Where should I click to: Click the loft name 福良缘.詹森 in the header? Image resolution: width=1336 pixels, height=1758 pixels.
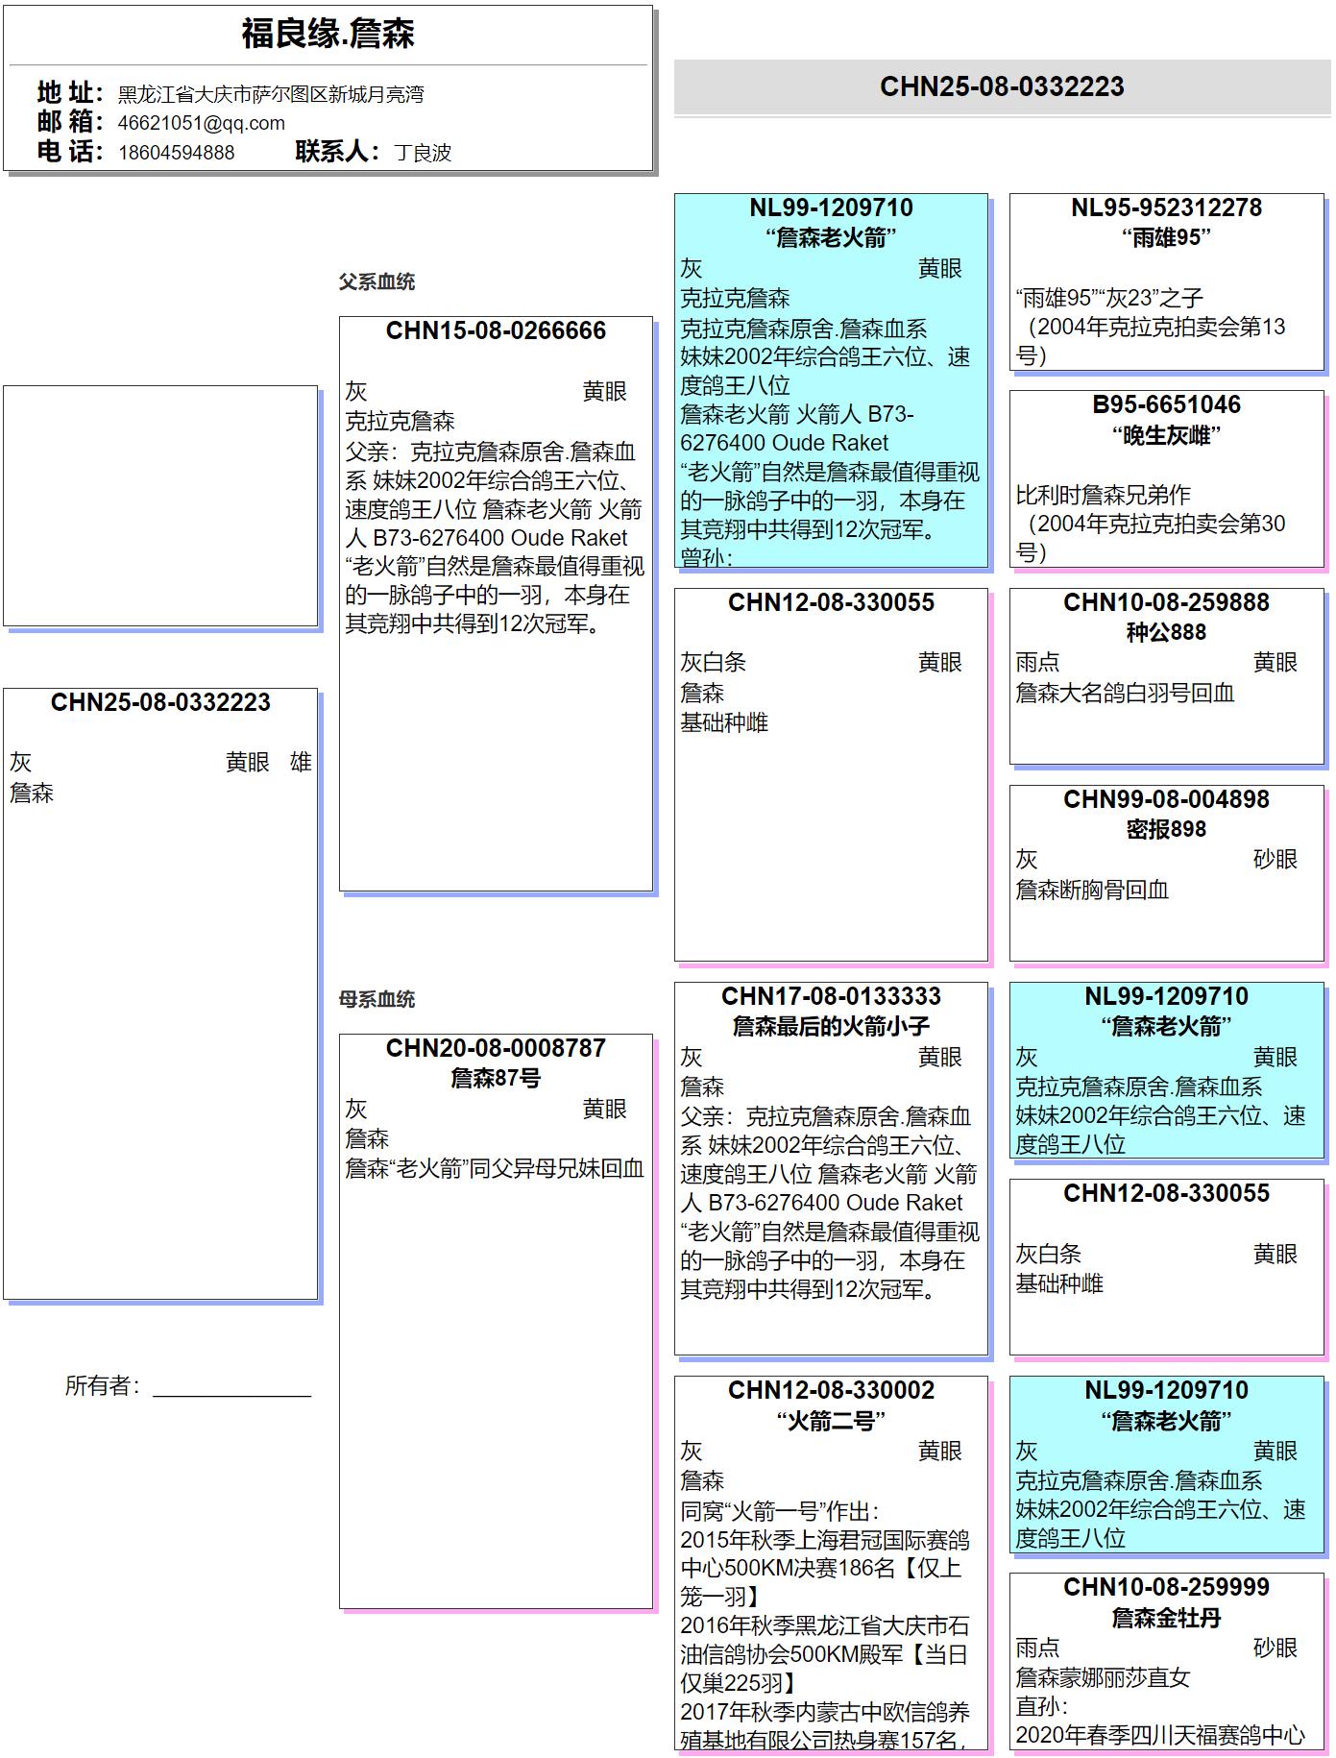pos(328,35)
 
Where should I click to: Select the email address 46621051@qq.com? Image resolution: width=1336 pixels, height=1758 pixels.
pos(201,123)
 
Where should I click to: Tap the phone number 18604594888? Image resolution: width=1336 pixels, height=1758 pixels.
pos(176,153)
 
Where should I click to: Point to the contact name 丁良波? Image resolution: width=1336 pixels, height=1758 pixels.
pos(423,153)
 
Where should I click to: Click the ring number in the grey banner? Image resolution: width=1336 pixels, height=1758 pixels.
pos(1002,86)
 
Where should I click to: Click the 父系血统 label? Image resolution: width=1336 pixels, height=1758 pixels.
pos(377,281)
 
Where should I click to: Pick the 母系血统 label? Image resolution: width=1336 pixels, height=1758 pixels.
pos(377,999)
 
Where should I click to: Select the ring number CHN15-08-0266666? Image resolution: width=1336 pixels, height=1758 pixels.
pos(496,331)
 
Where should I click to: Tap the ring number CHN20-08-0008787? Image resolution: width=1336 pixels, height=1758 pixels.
pos(496,1048)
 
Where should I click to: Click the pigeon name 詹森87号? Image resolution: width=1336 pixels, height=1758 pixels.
pos(496,1078)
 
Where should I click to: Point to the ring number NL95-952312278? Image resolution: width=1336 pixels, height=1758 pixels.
pos(1166,208)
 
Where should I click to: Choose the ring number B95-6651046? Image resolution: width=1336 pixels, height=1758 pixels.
pos(1166,404)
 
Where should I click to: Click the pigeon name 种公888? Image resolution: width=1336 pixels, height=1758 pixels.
pos(1166,632)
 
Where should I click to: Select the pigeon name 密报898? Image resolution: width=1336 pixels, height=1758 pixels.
pos(1166,829)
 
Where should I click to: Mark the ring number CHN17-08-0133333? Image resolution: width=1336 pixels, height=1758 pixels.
pos(831,996)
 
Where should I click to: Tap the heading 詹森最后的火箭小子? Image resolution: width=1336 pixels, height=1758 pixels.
pos(831,1026)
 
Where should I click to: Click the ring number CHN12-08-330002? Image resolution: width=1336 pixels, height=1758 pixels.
pos(831,1390)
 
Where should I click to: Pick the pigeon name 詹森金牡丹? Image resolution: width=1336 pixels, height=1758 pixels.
pos(1166,1618)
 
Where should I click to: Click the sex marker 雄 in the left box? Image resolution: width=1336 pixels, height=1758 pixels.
pos(301,763)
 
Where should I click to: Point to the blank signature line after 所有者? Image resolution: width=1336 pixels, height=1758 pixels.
pos(231,1388)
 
